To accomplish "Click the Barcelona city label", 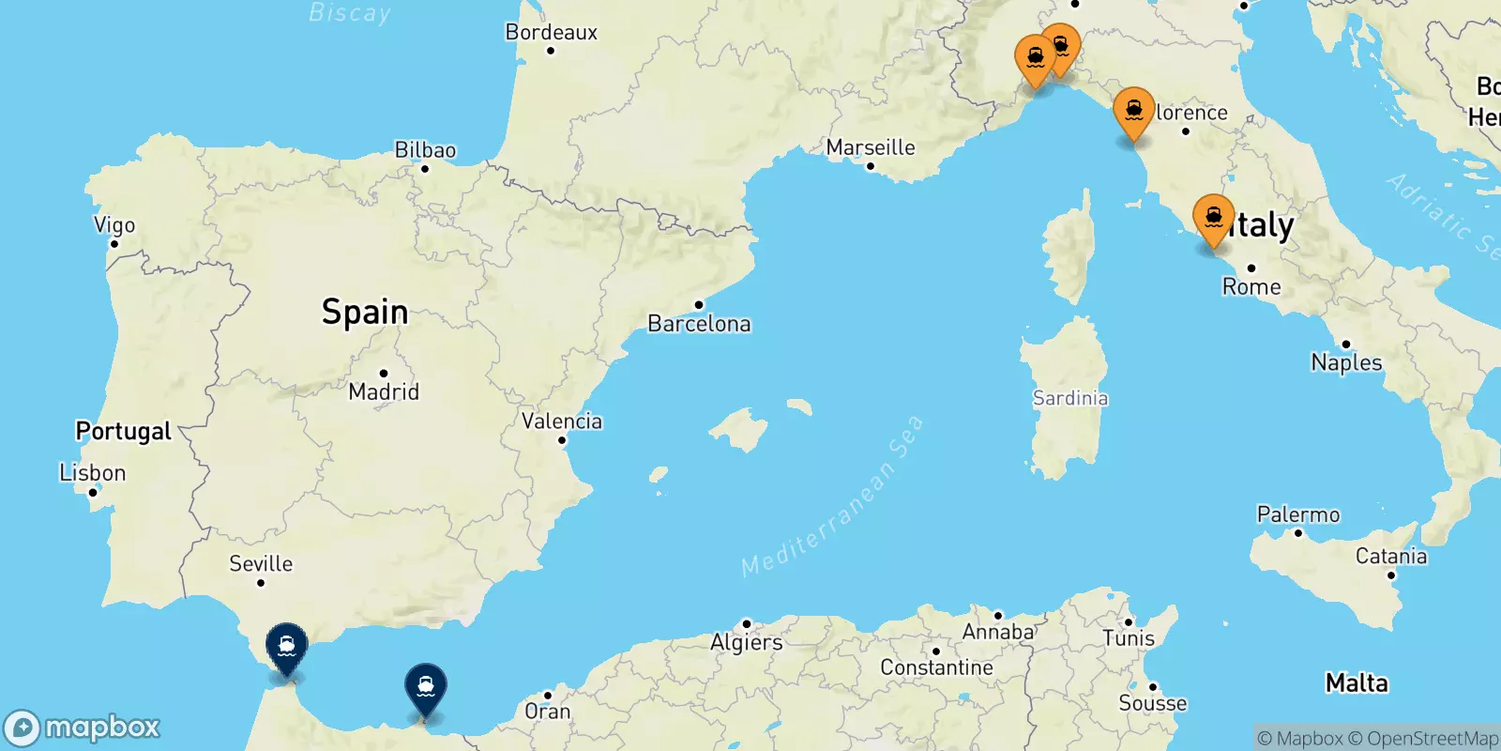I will tap(699, 324).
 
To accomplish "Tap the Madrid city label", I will tap(384, 391).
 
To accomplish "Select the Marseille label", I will tap(871, 147).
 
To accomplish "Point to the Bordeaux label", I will tap(552, 32).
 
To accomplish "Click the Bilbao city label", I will tap(425, 150).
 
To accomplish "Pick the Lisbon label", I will tap(92, 472).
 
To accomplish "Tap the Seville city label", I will tap(261, 563).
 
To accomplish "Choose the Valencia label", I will tap(562, 421).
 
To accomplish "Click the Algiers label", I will tap(747, 642).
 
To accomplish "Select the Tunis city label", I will tap(1129, 638).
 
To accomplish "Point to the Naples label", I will tap(1346, 362).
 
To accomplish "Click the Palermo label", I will tap(1298, 514).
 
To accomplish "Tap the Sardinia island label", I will tap(1070, 398).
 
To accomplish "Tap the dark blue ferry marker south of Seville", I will tap(286, 646).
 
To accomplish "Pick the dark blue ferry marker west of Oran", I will tap(426, 686).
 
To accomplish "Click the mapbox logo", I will tap(83, 728).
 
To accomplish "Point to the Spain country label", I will tap(365, 312).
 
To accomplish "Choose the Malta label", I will tap(1357, 682).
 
